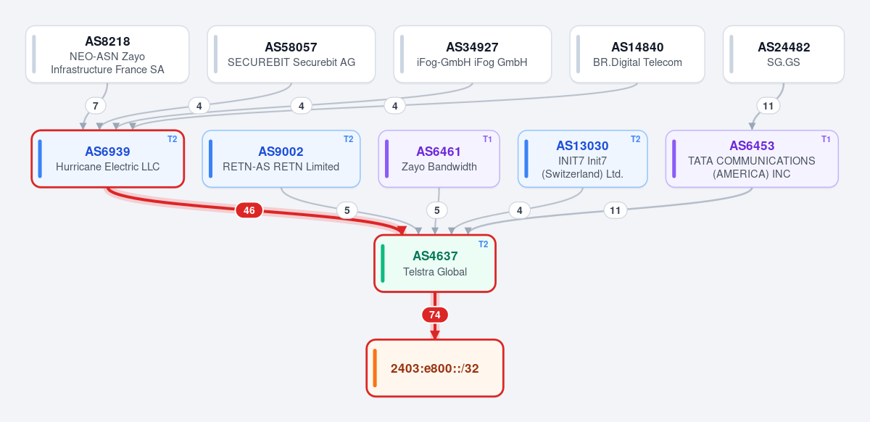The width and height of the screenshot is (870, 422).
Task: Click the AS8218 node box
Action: click(107, 54)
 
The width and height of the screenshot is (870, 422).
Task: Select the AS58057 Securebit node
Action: click(291, 54)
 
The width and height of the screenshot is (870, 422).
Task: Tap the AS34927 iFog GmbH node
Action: click(472, 54)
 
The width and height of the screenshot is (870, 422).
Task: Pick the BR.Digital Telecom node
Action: click(637, 54)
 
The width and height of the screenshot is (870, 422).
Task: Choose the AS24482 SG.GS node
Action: click(784, 54)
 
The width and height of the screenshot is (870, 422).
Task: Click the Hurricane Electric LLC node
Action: click(107, 159)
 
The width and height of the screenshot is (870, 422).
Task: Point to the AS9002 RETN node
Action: click(281, 159)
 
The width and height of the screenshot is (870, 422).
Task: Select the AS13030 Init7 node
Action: click(583, 159)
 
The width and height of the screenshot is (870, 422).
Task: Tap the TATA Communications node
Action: click(752, 159)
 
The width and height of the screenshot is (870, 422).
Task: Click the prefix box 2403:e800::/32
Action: click(435, 368)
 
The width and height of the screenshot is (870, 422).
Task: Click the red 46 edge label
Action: click(249, 210)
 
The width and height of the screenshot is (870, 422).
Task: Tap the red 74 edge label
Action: click(435, 315)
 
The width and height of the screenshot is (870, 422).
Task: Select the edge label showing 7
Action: click(96, 106)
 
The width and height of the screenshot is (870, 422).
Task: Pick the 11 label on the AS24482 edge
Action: click(768, 106)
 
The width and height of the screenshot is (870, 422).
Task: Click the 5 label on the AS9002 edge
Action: click(347, 210)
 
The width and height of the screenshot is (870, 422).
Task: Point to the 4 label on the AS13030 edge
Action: click(520, 210)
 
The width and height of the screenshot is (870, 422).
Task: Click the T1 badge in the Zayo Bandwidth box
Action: click(487, 139)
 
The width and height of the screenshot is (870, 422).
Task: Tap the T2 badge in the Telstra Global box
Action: click(483, 244)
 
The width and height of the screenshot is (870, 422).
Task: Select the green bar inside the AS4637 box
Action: click(383, 263)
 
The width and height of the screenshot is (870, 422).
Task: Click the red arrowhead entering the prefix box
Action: click(435, 334)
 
